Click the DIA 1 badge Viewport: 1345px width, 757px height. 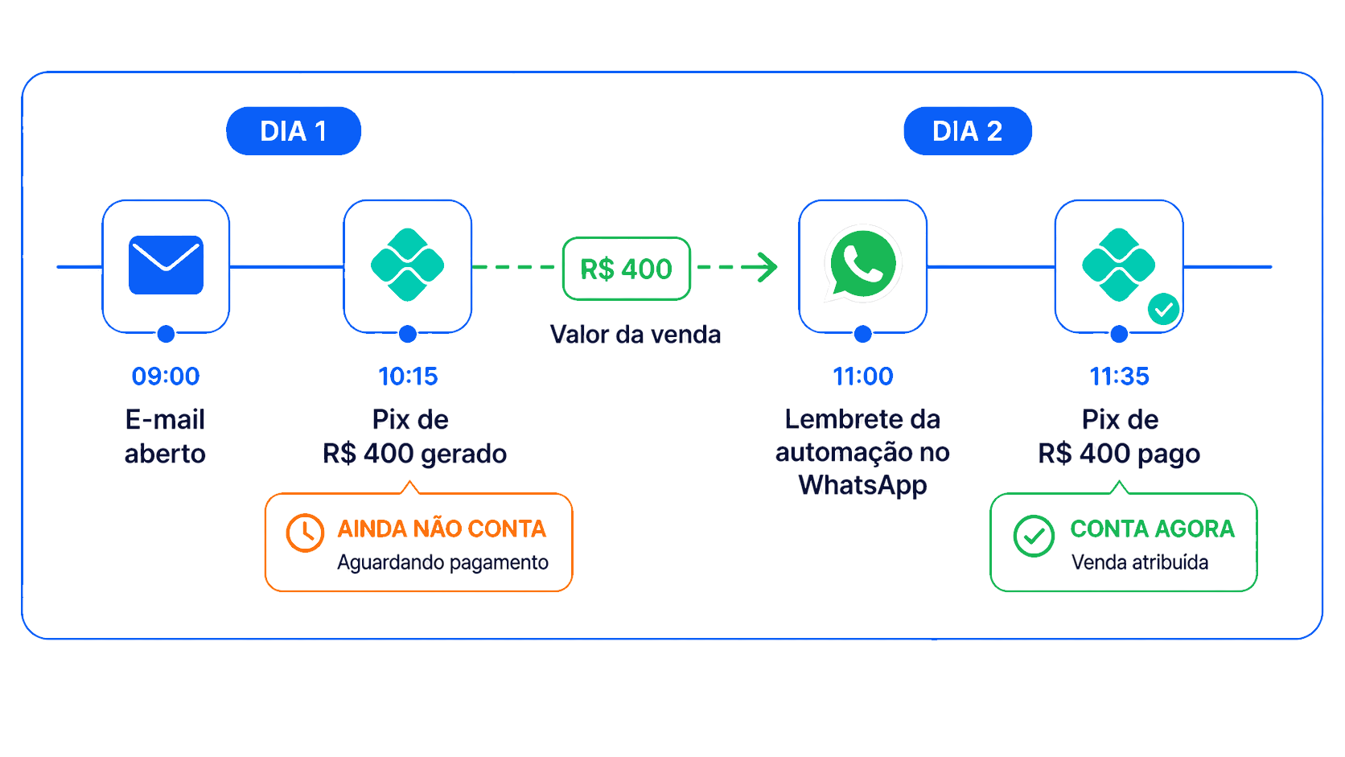[x=294, y=131]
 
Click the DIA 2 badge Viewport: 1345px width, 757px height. [x=967, y=131]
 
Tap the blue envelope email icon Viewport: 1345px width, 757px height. [x=166, y=265]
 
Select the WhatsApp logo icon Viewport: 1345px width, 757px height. [x=862, y=264]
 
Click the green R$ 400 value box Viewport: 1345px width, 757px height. [x=627, y=269]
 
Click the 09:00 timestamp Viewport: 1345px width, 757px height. [x=166, y=376]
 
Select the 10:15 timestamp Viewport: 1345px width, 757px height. [x=408, y=376]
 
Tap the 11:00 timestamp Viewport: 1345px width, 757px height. [x=863, y=376]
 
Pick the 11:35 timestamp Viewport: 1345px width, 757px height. [x=1119, y=376]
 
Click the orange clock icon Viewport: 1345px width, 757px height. [x=305, y=533]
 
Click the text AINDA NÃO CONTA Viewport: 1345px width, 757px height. [x=442, y=529]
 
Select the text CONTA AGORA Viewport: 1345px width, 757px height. [x=1152, y=529]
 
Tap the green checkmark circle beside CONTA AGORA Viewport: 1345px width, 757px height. [x=1034, y=536]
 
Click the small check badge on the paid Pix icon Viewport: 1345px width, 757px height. [x=1164, y=309]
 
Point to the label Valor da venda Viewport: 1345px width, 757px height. [x=635, y=335]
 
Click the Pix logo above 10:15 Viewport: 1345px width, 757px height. [x=408, y=265]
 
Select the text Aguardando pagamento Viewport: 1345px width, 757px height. [x=442, y=562]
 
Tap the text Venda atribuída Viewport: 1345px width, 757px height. [x=1140, y=562]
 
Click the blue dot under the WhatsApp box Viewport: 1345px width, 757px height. [x=863, y=334]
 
